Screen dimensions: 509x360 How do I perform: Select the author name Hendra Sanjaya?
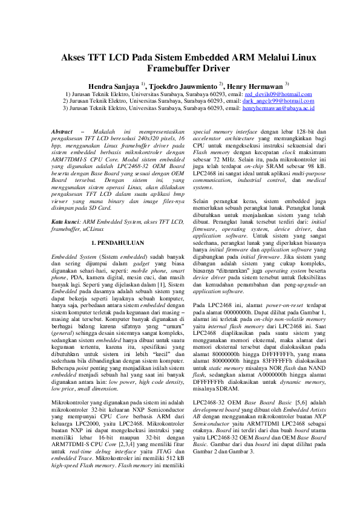click(x=113, y=85)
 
